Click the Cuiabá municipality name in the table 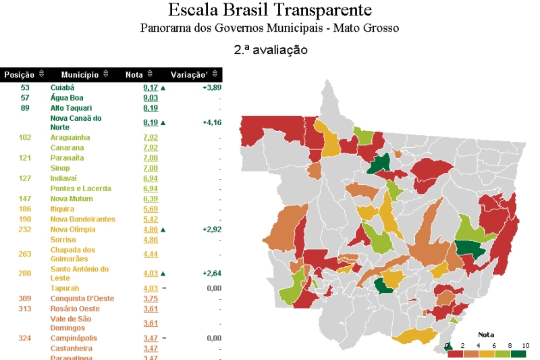pos(62,88)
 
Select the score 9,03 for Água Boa pos(150,98)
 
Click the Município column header pos(80,74)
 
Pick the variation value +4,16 pos(211,122)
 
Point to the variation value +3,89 pos(211,88)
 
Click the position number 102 pos(25,138)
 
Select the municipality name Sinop pos(60,168)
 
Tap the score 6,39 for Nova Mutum pos(150,199)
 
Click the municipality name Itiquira pos(63,209)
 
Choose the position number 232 pos(25,230)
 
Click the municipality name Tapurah pos(64,288)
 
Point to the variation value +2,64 pos(211,274)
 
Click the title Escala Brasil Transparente pos(269,11)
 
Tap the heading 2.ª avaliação pos(271,50)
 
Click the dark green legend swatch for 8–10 pos(518,353)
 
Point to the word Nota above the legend pos(486,335)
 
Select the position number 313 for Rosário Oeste pos(25,309)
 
